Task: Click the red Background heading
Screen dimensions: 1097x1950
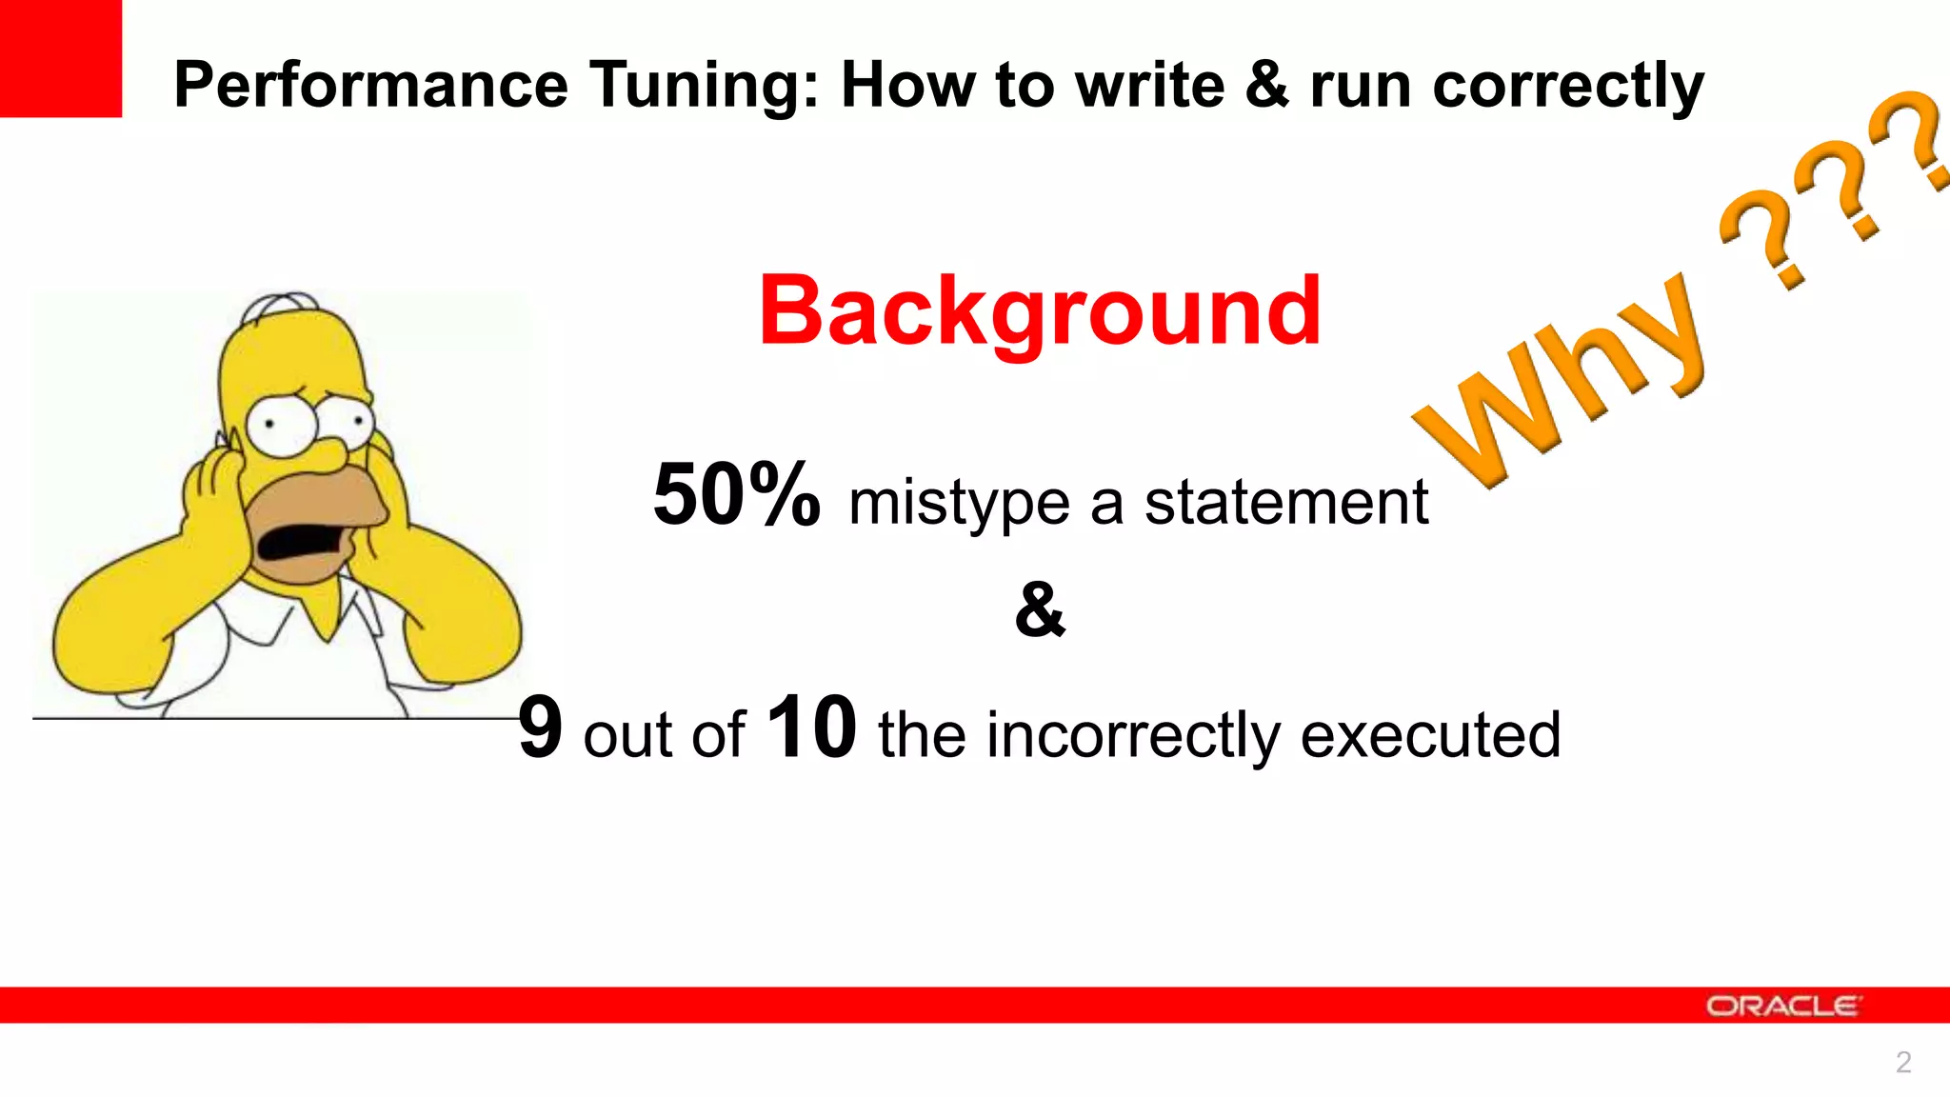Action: point(1040,311)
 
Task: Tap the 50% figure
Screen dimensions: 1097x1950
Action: point(736,495)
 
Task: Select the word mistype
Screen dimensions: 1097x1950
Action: point(959,503)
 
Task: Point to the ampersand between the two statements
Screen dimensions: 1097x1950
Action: point(1040,609)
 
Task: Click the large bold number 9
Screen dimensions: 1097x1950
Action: point(541,728)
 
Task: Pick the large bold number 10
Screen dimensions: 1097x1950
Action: point(811,728)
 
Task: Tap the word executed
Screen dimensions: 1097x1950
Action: point(1430,734)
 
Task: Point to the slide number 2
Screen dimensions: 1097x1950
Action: point(1902,1062)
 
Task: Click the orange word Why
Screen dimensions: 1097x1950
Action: point(1562,381)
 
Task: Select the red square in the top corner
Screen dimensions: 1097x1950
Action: point(61,58)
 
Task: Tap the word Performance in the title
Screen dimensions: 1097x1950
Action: point(371,86)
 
